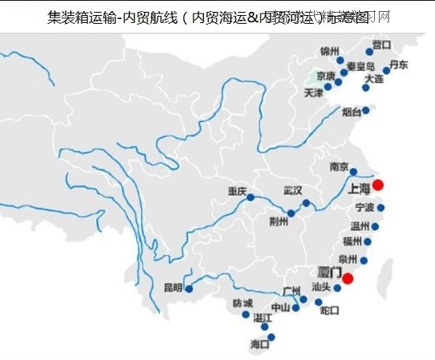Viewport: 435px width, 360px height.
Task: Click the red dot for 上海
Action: [x=378, y=185]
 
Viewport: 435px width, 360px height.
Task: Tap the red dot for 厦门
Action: [x=346, y=278]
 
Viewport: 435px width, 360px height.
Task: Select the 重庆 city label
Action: [x=237, y=191]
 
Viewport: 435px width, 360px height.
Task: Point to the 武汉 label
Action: [x=293, y=190]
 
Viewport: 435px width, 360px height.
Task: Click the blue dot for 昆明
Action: [x=189, y=288]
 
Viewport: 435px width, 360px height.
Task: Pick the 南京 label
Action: [x=339, y=167]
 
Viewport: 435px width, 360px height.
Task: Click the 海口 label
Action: [x=259, y=344]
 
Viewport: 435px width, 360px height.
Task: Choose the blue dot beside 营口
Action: [x=369, y=52]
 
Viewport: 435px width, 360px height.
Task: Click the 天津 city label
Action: [x=314, y=93]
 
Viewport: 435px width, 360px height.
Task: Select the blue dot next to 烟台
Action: [x=365, y=112]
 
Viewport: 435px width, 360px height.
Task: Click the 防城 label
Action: [x=243, y=303]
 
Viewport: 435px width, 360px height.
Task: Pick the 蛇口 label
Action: [x=330, y=311]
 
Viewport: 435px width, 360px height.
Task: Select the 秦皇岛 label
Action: [x=360, y=66]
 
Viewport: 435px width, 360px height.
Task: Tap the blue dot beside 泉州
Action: [x=364, y=260]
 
